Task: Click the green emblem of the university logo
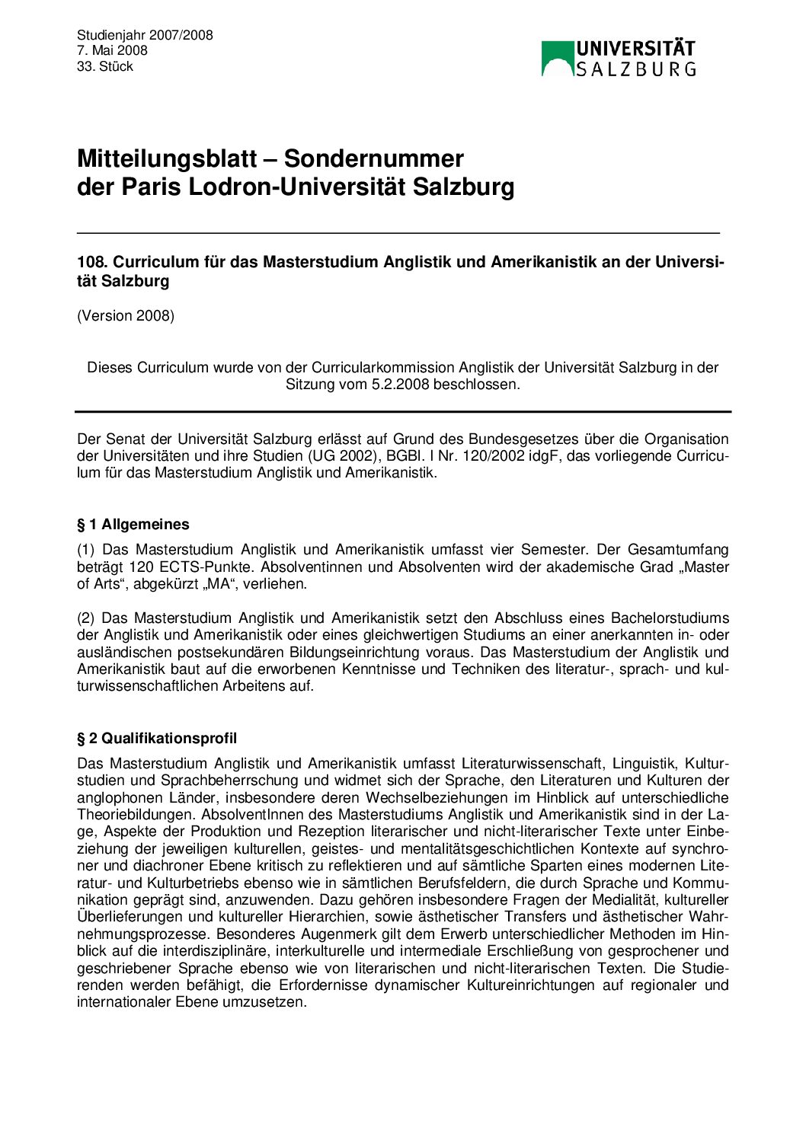click(557, 59)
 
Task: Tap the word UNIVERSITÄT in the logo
click(635, 49)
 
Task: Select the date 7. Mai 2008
click(112, 50)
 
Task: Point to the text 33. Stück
click(105, 66)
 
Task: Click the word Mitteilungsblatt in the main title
click(167, 158)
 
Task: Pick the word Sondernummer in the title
click(373, 158)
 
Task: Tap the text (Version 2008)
click(126, 315)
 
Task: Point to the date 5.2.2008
click(401, 385)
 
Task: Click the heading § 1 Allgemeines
click(133, 524)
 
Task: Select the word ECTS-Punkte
click(209, 567)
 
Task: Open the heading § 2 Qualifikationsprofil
click(157, 738)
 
